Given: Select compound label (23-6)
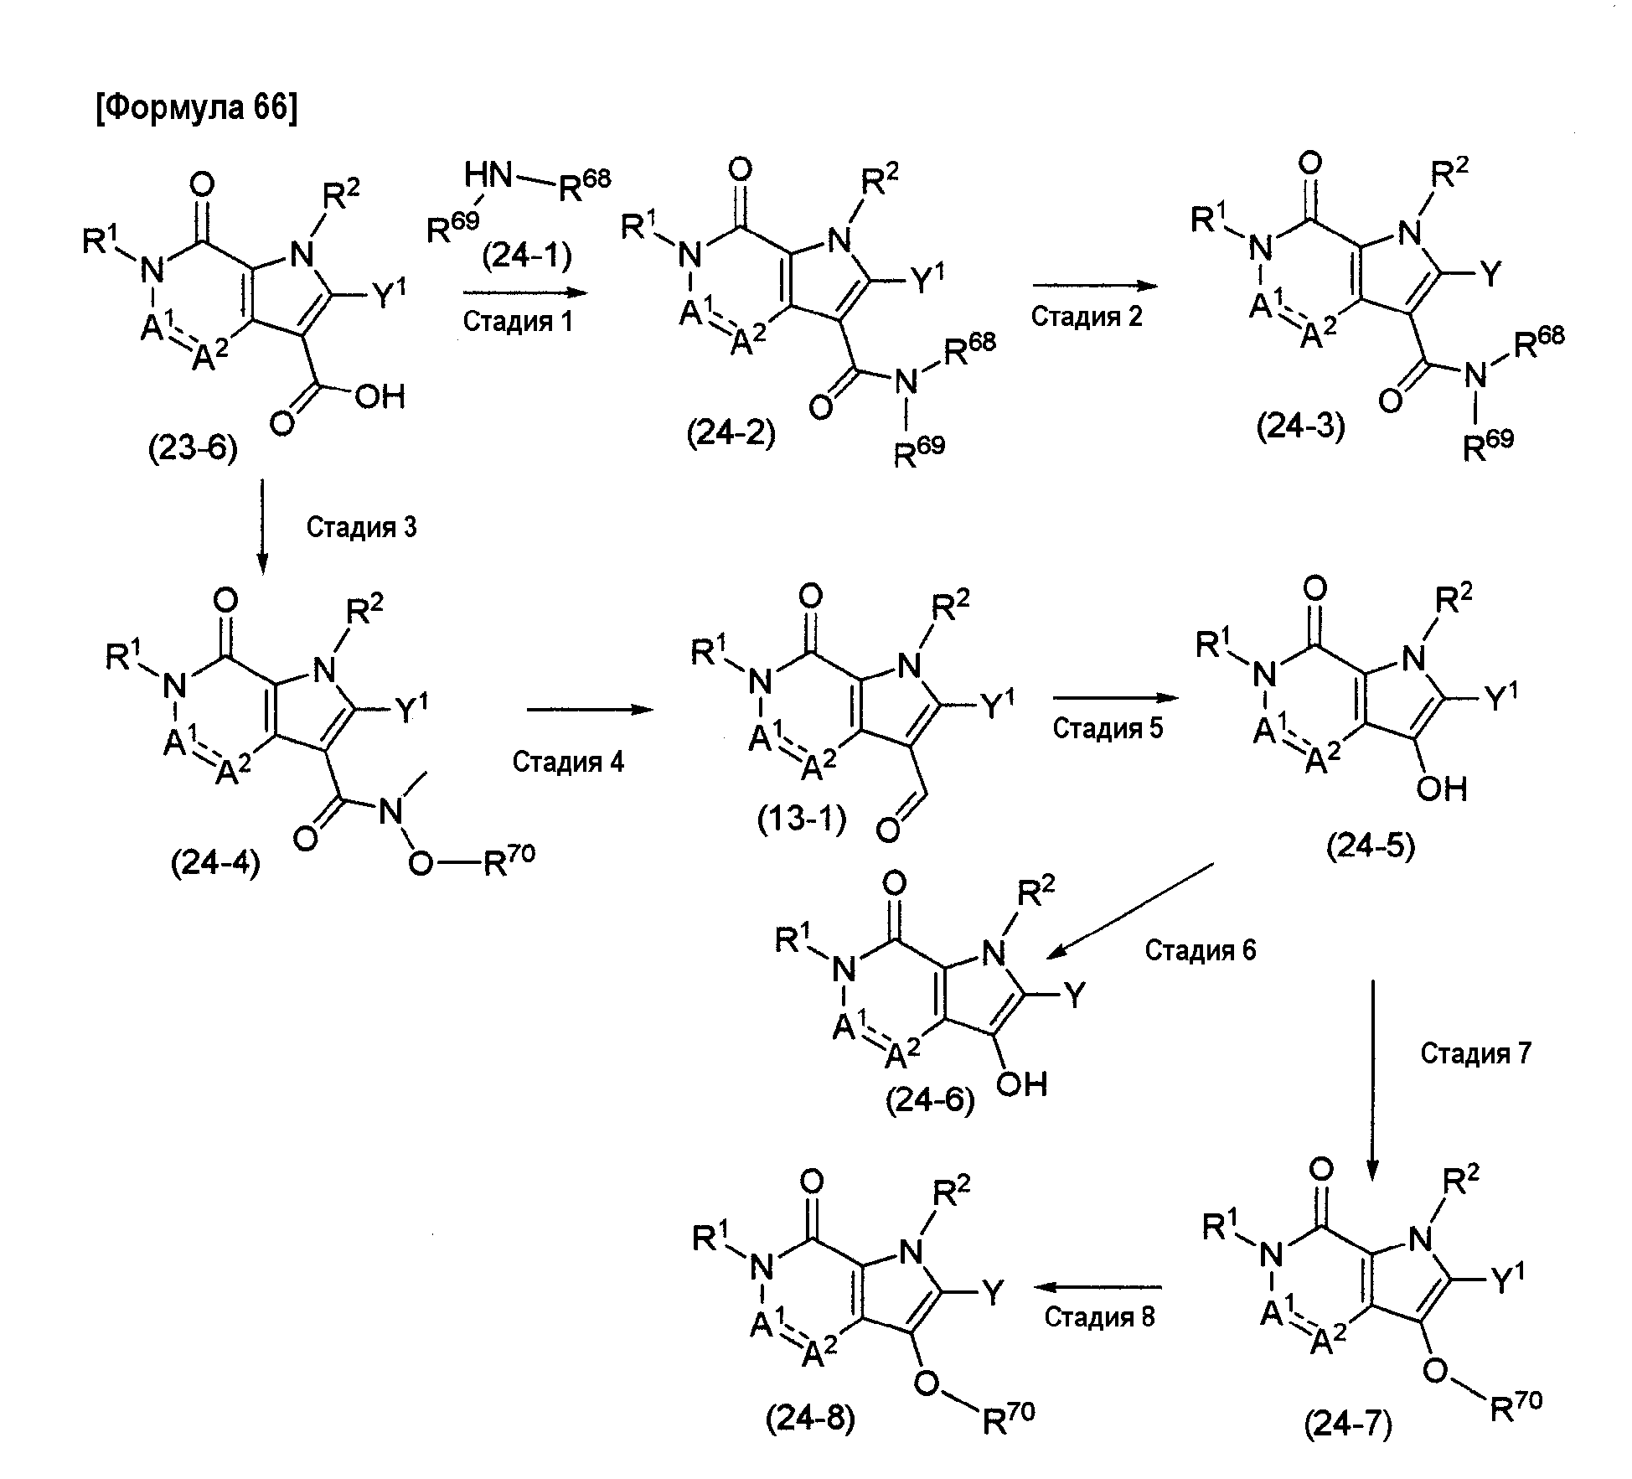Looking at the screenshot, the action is tap(193, 450).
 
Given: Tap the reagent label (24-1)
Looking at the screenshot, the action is tap(527, 255).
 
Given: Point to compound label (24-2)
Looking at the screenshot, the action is tap(731, 433).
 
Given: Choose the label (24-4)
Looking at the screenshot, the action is tap(215, 862).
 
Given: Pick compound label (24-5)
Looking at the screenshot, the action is tap(1371, 847).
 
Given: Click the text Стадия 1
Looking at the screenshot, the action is tap(518, 321).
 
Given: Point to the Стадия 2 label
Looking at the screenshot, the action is tap(1087, 316).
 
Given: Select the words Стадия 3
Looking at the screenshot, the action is tap(361, 527).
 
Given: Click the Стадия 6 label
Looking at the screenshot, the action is tap(1201, 949).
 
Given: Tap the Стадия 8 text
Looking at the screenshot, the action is tap(1099, 1316).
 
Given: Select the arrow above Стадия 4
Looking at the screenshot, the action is tap(590, 710).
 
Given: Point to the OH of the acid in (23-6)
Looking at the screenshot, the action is tap(380, 396).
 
